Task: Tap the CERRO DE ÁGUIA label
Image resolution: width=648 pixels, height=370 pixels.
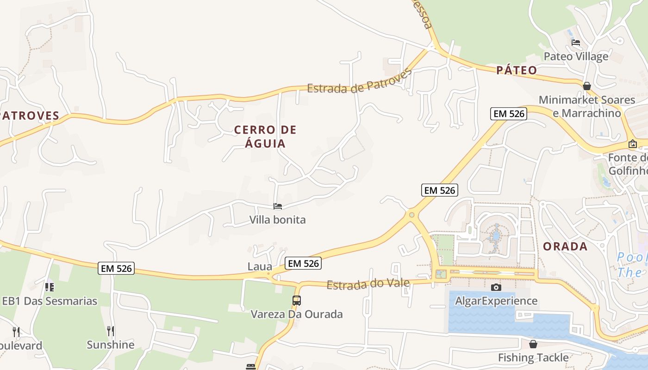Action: [x=265, y=136]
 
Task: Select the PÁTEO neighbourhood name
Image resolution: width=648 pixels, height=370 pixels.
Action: [x=517, y=70]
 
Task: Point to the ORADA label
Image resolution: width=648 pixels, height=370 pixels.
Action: [x=565, y=247]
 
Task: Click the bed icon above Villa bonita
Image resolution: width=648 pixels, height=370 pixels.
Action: [x=278, y=206]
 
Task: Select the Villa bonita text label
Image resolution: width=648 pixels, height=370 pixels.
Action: [x=278, y=220]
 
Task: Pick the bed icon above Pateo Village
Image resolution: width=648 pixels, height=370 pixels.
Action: [x=576, y=43]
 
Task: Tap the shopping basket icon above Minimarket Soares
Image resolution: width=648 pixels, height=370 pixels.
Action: [x=587, y=86]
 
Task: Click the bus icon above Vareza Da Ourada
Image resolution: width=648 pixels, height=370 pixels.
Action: [x=297, y=301]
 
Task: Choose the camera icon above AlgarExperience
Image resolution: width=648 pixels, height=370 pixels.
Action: [x=496, y=288]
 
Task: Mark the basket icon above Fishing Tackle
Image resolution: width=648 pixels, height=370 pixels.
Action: [x=533, y=344]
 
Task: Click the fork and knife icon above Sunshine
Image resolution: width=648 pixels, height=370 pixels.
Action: [x=111, y=331]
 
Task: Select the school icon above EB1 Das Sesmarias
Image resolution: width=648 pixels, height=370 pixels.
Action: [x=50, y=287]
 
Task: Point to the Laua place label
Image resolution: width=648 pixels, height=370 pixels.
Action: [x=260, y=266]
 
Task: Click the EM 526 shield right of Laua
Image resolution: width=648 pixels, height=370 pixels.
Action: [x=303, y=263]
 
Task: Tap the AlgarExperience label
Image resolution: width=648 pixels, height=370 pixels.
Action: [x=496, y=301]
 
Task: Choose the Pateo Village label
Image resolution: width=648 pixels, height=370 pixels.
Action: [x=576, y=56]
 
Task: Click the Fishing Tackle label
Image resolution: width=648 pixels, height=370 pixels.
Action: [x=533, y=358]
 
